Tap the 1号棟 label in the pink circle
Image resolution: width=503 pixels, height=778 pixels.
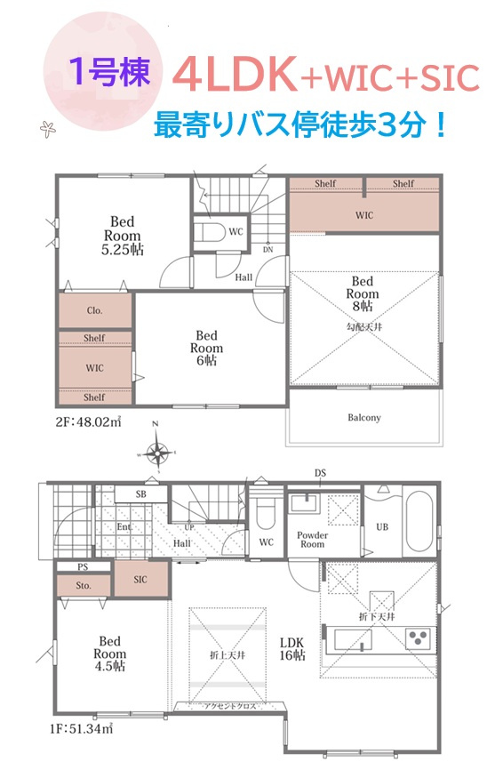(x=109, y=72)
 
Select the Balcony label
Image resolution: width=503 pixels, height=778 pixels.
(x=364, y=417)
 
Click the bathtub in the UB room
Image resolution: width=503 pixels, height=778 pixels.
(x=419, y=521)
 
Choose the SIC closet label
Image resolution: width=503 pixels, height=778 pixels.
(x=140, y=579)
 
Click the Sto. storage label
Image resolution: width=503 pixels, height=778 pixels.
(x=84, y=585)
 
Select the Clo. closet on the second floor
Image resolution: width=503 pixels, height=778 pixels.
(x=95, y=310)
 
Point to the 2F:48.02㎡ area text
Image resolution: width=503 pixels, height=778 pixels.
(x=88, y=421)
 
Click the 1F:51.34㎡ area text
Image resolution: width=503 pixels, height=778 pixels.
(x=81, y=729)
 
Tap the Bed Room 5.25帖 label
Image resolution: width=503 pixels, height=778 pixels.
(x=123, y=236)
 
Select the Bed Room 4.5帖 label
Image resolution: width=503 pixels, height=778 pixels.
(x=109, y=654)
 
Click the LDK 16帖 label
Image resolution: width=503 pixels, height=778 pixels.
(x=291, y=649)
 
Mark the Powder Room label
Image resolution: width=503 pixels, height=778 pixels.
(x=313, y=540)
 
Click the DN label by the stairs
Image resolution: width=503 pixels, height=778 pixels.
(x=267, y=250)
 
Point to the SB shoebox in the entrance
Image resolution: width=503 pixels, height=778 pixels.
(x=141, y=494)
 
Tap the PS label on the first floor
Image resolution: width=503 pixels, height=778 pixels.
(x=83, y=566)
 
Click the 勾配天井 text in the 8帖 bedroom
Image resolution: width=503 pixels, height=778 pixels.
(x=364, y=327)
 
